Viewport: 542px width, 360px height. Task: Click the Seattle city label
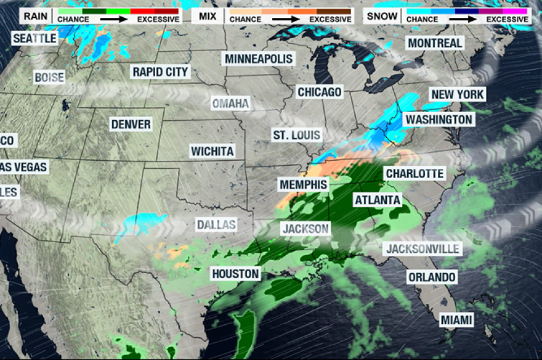point(35,38)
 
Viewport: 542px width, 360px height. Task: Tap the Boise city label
point(49,78)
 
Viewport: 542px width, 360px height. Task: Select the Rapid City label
point(160,72)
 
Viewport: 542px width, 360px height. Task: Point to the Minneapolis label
point(259,59)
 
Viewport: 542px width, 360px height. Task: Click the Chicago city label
point(319,92)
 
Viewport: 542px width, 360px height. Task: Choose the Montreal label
point(435,43)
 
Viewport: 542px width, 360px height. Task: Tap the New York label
point(458,94)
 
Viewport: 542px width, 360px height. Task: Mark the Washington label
point(439,119)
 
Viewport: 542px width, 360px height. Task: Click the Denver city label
point(131,125)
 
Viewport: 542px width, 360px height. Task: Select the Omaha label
point(230,104)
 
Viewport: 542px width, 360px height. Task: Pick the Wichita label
point(212,151)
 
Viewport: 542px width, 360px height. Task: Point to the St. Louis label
point(296,135)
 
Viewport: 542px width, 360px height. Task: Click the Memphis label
point(303,184)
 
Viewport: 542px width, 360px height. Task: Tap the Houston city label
point(236,273)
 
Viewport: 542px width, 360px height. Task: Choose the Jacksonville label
point(422,249)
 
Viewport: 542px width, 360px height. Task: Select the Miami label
point(456,320)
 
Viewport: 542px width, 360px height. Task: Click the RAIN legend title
point(36,15)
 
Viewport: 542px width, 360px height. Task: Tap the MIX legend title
point(208,15)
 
